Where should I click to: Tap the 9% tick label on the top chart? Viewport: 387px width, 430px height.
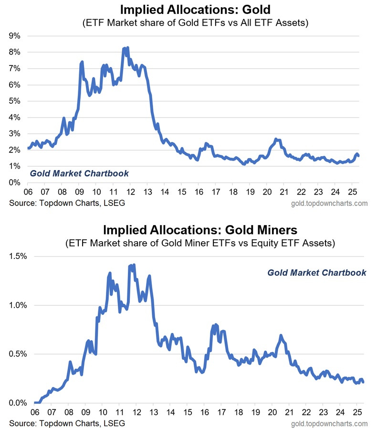tap(14, 36)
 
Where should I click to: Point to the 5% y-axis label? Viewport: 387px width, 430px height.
tap(14, 101)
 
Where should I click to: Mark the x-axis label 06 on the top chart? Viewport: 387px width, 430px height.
tap(28, 193)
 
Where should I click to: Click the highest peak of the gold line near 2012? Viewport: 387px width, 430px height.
tap(127, 48)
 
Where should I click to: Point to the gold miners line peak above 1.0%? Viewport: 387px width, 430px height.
tap(134, 264)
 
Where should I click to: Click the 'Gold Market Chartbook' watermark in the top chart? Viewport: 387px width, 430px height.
tap(79, 173)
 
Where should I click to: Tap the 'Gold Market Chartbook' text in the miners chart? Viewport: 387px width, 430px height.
tap(316, 273)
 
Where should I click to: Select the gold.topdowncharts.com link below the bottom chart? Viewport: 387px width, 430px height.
tap(328, 424)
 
